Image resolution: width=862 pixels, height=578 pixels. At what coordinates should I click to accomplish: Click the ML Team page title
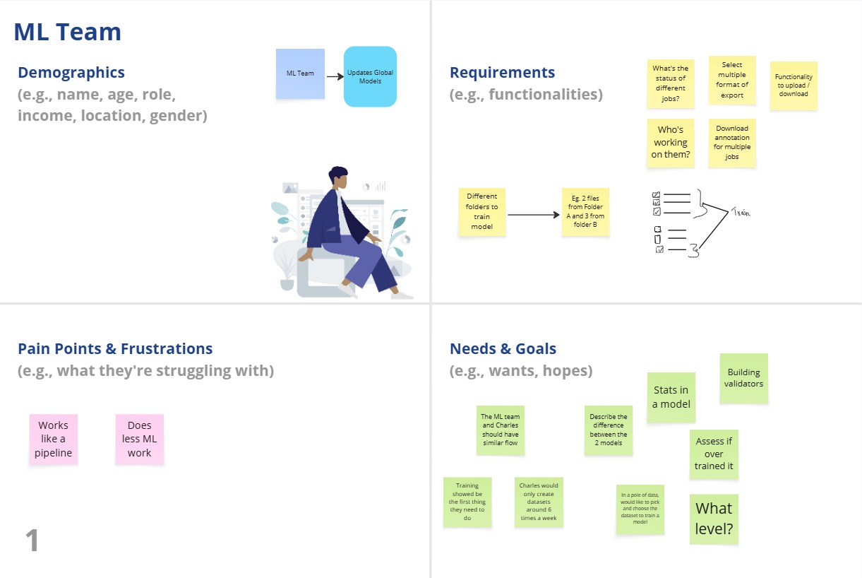[x=68, y=32]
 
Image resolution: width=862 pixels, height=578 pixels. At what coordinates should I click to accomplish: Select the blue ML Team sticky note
[x=300, y=73]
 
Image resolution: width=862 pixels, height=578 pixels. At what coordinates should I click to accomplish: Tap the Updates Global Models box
[x=370, y=76]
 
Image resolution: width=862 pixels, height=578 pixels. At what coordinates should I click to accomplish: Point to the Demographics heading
[x=71, y=73]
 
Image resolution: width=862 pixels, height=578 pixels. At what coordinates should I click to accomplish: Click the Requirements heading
[x=502, y=73]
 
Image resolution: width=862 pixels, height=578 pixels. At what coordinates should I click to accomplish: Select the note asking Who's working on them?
[x=670, y=142]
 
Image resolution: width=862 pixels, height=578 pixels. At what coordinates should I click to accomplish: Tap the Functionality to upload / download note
[x=794, y=85]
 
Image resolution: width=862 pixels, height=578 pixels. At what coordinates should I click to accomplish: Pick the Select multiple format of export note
[x=732, y=80]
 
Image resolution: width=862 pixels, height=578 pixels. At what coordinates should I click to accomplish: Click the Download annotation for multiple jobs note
[x=732, y=143]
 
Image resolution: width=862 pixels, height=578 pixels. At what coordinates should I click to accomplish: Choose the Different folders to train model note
[x=481, y=211]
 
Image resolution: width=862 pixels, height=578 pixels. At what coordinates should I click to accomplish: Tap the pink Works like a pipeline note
[x=54, y=439]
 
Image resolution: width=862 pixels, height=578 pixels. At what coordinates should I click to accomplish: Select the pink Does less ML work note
[x=140, y=439]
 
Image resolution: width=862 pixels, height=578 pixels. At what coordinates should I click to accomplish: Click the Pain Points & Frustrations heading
[x=115, y=349]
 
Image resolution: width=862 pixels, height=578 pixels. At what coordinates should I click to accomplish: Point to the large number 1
[x=32, y=541]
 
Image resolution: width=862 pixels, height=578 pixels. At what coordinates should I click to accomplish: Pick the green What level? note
[x=714, y=519]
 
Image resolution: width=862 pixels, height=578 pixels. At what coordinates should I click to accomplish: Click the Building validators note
[x=743, y=378]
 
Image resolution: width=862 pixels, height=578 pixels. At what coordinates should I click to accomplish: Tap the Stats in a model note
[x=671, y=397]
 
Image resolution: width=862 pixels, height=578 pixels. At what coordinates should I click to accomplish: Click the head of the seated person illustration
[x=339, y=177]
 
